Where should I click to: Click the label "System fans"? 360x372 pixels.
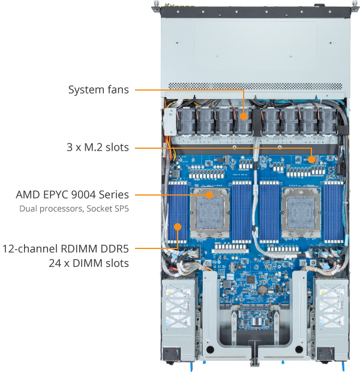[x=98, y=91]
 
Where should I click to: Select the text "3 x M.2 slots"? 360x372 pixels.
[x=97, y=147]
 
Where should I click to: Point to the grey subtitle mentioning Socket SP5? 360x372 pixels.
[x=74, y=209]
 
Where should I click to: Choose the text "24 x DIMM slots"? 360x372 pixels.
[x=88, y=262]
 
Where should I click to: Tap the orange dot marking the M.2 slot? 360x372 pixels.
[x=311, y=159]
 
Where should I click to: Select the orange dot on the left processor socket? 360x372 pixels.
[x=209, y=195]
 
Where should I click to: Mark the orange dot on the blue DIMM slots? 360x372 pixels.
[x=178, y=227]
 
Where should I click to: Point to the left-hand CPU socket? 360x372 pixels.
[x=210, y=213]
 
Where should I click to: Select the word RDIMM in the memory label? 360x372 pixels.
[x=77, y=248]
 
